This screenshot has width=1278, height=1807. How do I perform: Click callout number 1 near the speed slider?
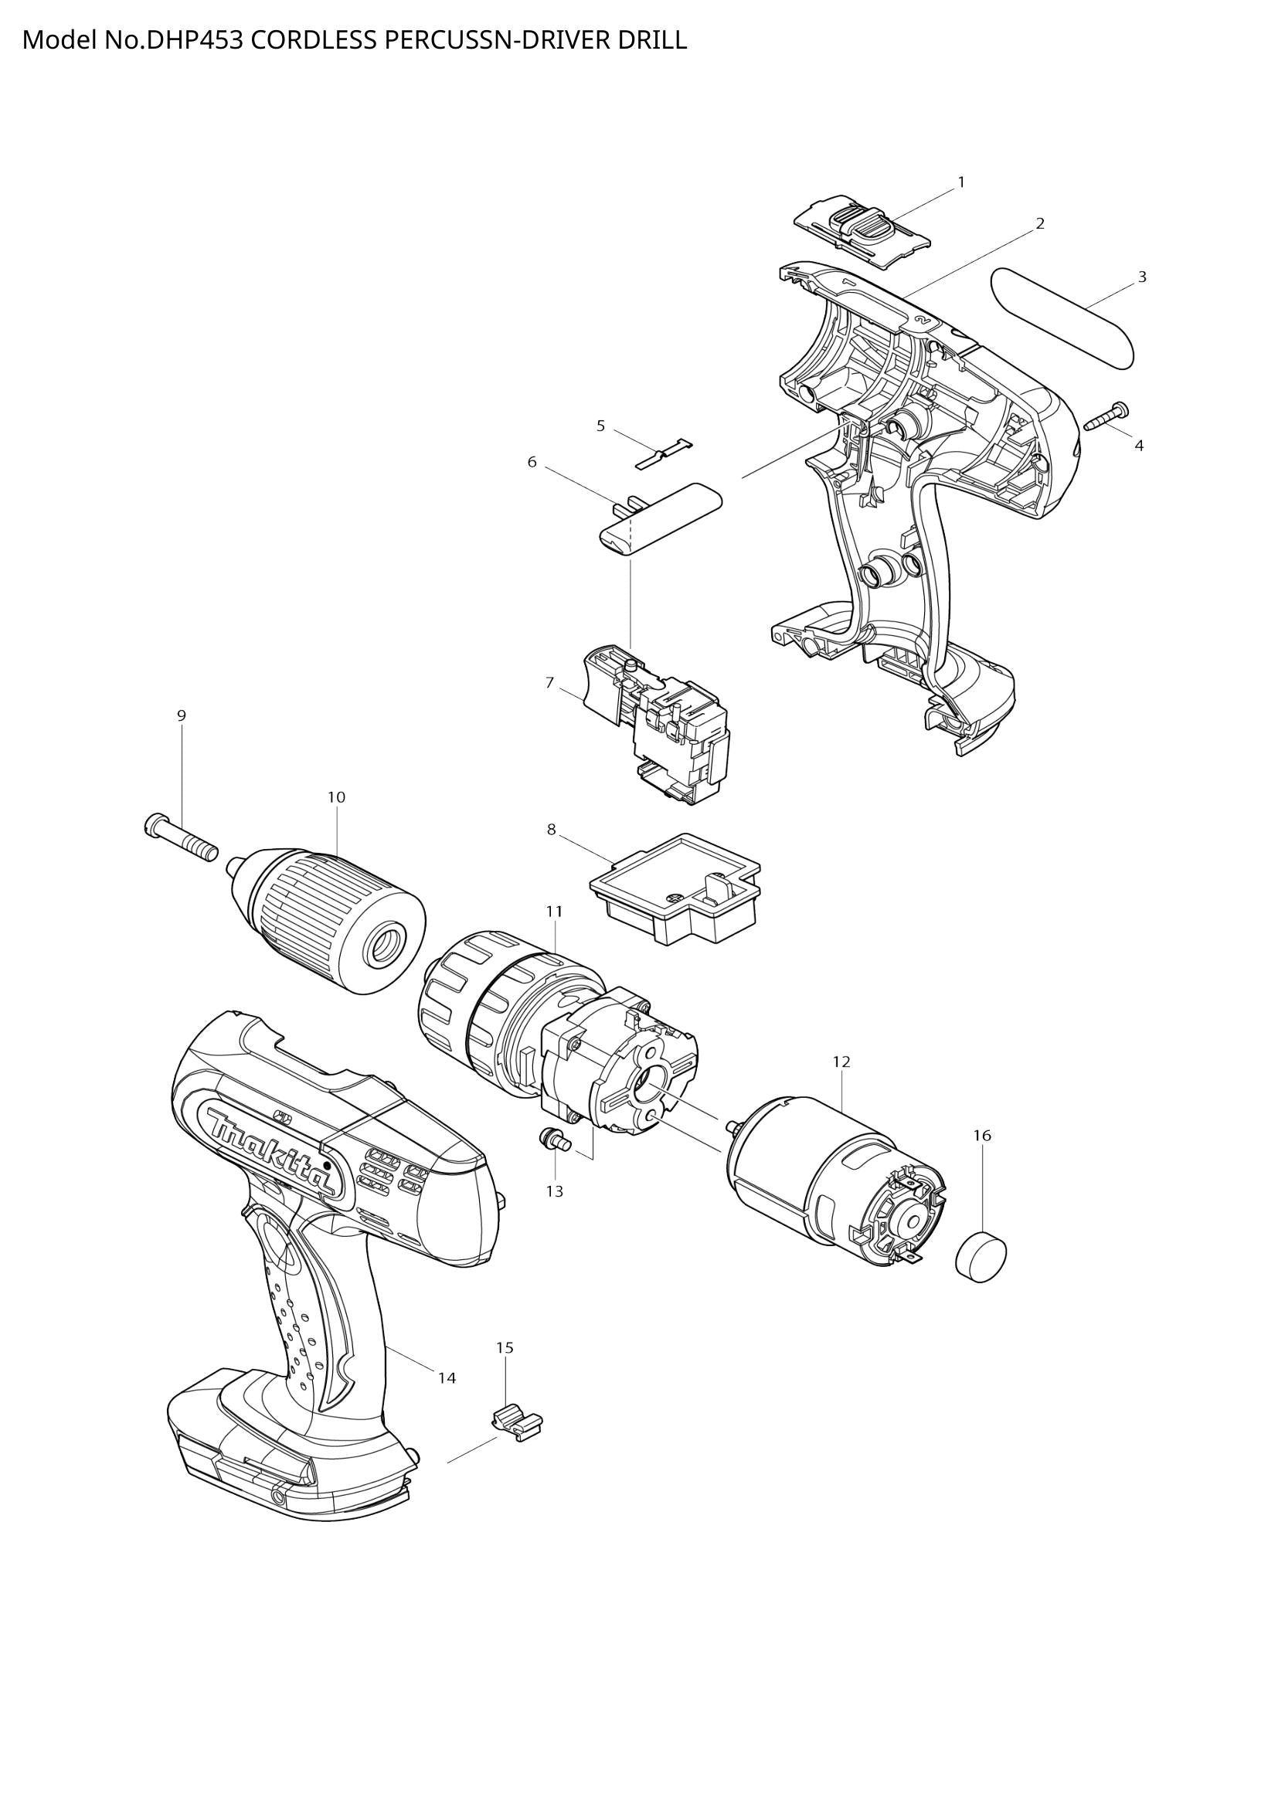tap(960, 182)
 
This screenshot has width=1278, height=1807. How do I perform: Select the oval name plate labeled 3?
tap(1062, 317)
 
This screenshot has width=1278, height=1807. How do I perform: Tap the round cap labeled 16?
tap(981, 1258)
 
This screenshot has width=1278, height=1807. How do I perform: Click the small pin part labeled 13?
tap(551, 1139)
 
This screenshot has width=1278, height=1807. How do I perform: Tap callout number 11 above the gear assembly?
tap(554, 912)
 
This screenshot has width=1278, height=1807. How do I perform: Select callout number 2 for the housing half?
tap(1039, 224)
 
